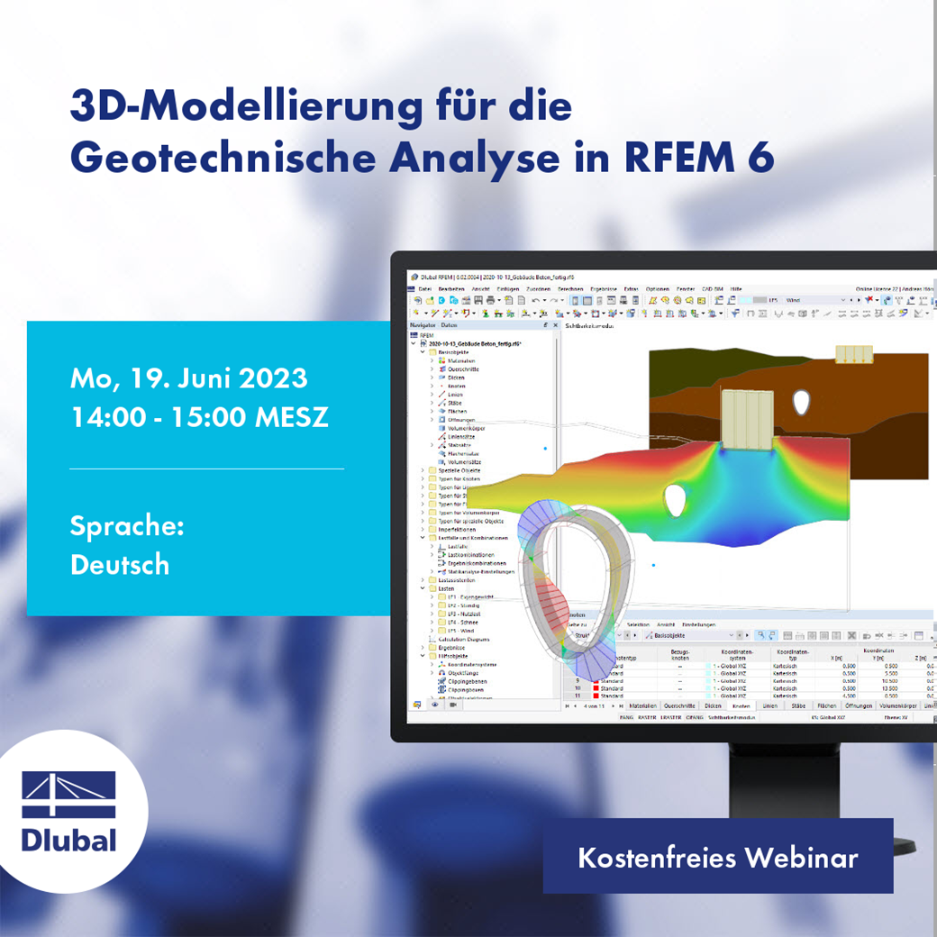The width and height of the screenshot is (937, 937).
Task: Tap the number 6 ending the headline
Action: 760,159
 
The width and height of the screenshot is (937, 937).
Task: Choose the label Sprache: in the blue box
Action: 127,525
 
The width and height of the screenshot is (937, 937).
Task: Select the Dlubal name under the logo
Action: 69,841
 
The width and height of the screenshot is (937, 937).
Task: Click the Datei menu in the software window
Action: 424,287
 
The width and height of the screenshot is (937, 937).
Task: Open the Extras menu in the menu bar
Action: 631,287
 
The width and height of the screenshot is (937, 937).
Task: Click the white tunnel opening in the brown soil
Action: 801,402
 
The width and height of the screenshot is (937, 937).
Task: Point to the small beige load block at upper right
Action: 854,354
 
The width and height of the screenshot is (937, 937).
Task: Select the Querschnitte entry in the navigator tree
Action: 463,368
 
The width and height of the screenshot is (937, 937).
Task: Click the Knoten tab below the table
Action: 741,705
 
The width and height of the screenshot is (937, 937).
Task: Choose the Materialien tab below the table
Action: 643,705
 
